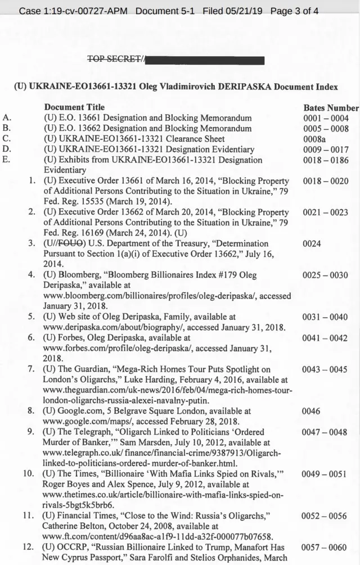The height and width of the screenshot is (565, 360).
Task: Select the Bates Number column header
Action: click(331, 108)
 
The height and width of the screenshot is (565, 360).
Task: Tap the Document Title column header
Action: click(75, 107)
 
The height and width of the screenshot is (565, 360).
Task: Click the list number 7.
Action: click(32, 369)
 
